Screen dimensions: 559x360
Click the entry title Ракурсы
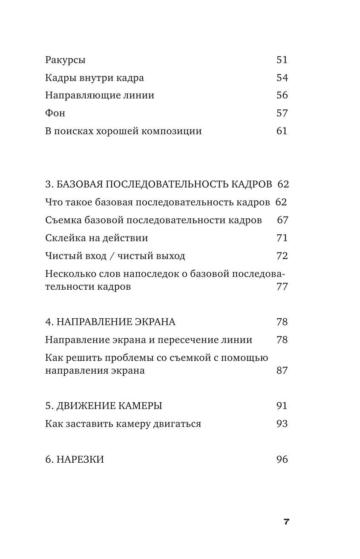[65, 60]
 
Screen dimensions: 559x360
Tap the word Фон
[55, 113]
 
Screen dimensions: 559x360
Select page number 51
[282, 60]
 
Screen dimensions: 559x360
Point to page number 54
[282, 78]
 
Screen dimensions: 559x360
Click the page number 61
[282, 131]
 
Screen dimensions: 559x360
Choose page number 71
[282, 238]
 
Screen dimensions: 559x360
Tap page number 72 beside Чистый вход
[282, 256]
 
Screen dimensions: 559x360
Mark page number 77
[282, 286]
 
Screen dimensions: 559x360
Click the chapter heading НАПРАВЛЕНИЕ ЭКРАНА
[116, 322]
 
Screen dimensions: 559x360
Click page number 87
[282, 370]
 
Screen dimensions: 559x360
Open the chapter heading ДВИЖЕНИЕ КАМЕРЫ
[109, 406]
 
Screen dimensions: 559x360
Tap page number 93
[282, 424]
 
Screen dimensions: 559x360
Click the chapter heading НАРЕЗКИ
[80, 459]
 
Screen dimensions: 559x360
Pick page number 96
[282, 459]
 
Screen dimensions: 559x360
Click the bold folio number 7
[286, 522]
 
